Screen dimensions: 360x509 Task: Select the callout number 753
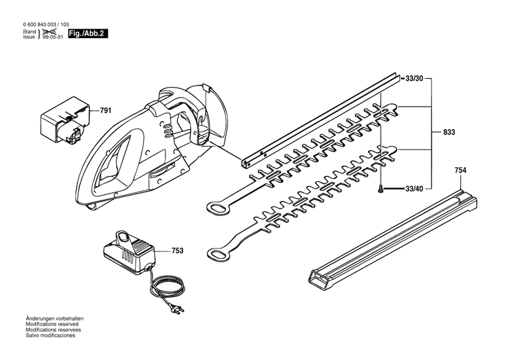[x=177, y=251]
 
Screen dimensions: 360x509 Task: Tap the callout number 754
[x=460, y=170]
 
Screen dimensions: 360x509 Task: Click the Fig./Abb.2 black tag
[x=88, y=33]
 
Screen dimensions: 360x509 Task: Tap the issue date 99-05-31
[x=54, y=37]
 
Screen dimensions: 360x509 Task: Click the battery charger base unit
[x=130, y=254]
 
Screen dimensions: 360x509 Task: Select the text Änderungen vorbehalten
[x=54, y=319]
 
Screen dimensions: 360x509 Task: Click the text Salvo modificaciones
[x=52, y=335]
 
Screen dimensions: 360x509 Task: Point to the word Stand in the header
[x=29, y=31]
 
